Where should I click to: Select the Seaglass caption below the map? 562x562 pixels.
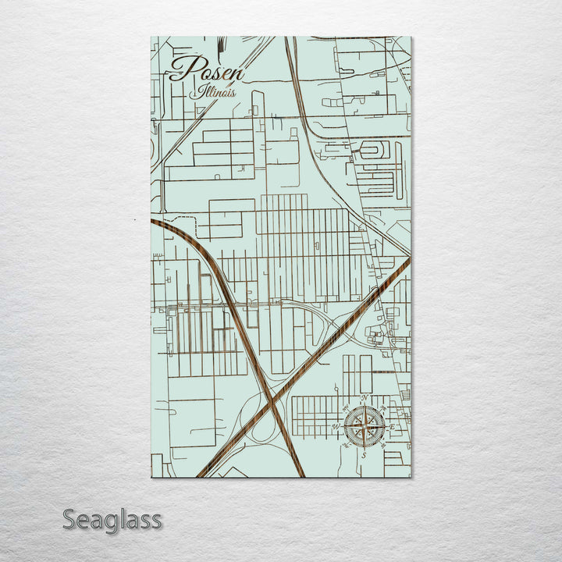pos(112,519)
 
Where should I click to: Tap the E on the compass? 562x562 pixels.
pos(393,426)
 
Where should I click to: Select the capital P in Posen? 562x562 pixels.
pos(182,69)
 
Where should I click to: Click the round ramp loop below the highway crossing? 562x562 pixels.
pos(265,437)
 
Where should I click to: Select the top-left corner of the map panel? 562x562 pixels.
pos(150,37)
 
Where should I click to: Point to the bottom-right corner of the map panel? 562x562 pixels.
pos(411,477)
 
